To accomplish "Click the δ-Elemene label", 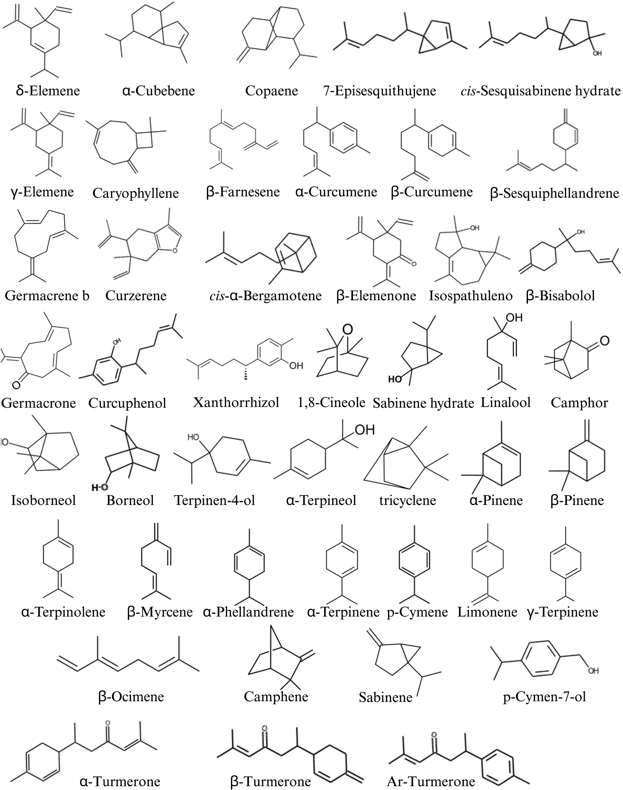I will tap(48, 91).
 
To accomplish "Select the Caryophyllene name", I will tap(135, 193).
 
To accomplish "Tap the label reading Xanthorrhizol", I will tap(236, 402).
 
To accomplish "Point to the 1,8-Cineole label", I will tap(331, 402).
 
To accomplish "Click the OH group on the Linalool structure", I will tap(514, 318).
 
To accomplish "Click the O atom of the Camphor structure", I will tap(605, 341).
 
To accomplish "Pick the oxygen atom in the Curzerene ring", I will tap(175, 250).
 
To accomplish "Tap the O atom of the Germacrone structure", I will tap(16, 384).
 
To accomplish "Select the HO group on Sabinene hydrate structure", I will tap(395, 379).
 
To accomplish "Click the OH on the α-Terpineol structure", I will tap(365, 430).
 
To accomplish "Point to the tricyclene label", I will tap(408, 500).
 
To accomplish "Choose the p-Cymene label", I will tap(417, 611).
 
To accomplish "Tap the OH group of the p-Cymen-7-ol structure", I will tap(593, 671).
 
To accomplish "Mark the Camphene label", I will tap(276, 696).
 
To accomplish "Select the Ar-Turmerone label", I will tap(431, 781).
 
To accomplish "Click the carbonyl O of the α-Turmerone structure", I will tap(107, 722).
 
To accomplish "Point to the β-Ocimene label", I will tap(131, 696).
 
